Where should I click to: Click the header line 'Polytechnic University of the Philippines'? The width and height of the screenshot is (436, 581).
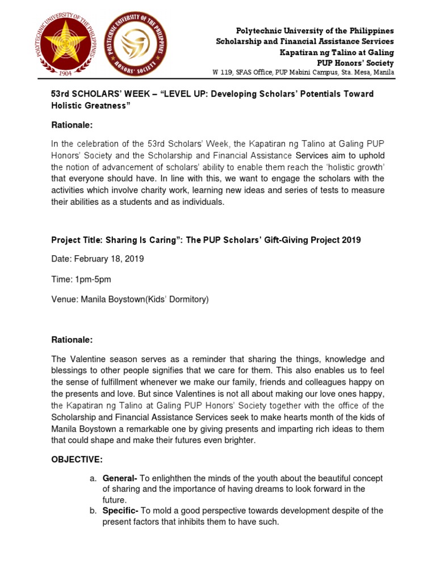tap(315, 31)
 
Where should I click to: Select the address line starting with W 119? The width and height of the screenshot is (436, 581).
tap(303, 73)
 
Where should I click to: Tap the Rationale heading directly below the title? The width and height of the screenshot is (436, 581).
tap(72, 125)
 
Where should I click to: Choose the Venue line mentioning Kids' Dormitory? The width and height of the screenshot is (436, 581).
tap(130, 299)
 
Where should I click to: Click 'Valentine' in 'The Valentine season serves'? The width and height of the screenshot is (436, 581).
tap(87, 359)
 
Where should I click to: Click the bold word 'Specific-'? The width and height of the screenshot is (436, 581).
tap(120, 511)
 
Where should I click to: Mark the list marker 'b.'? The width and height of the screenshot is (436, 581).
tap(93, 511)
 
